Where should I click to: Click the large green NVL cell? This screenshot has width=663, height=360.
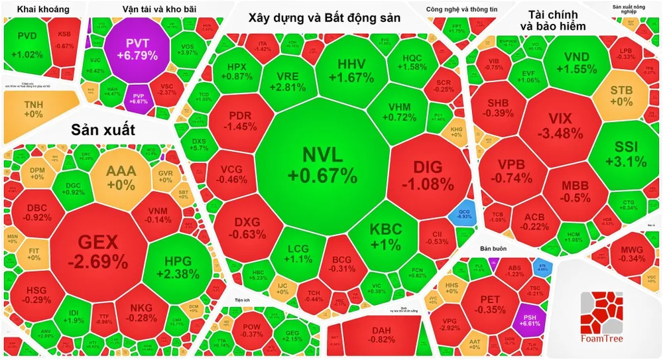[x=322, y=166]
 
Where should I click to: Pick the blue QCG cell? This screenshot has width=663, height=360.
[x=464, y=213]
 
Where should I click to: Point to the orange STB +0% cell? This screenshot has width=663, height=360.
[x=621, y=96]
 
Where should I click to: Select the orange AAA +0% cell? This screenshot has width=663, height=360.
[x=121, y=178]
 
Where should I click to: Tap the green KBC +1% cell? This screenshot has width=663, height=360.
[x=385, y=236]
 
